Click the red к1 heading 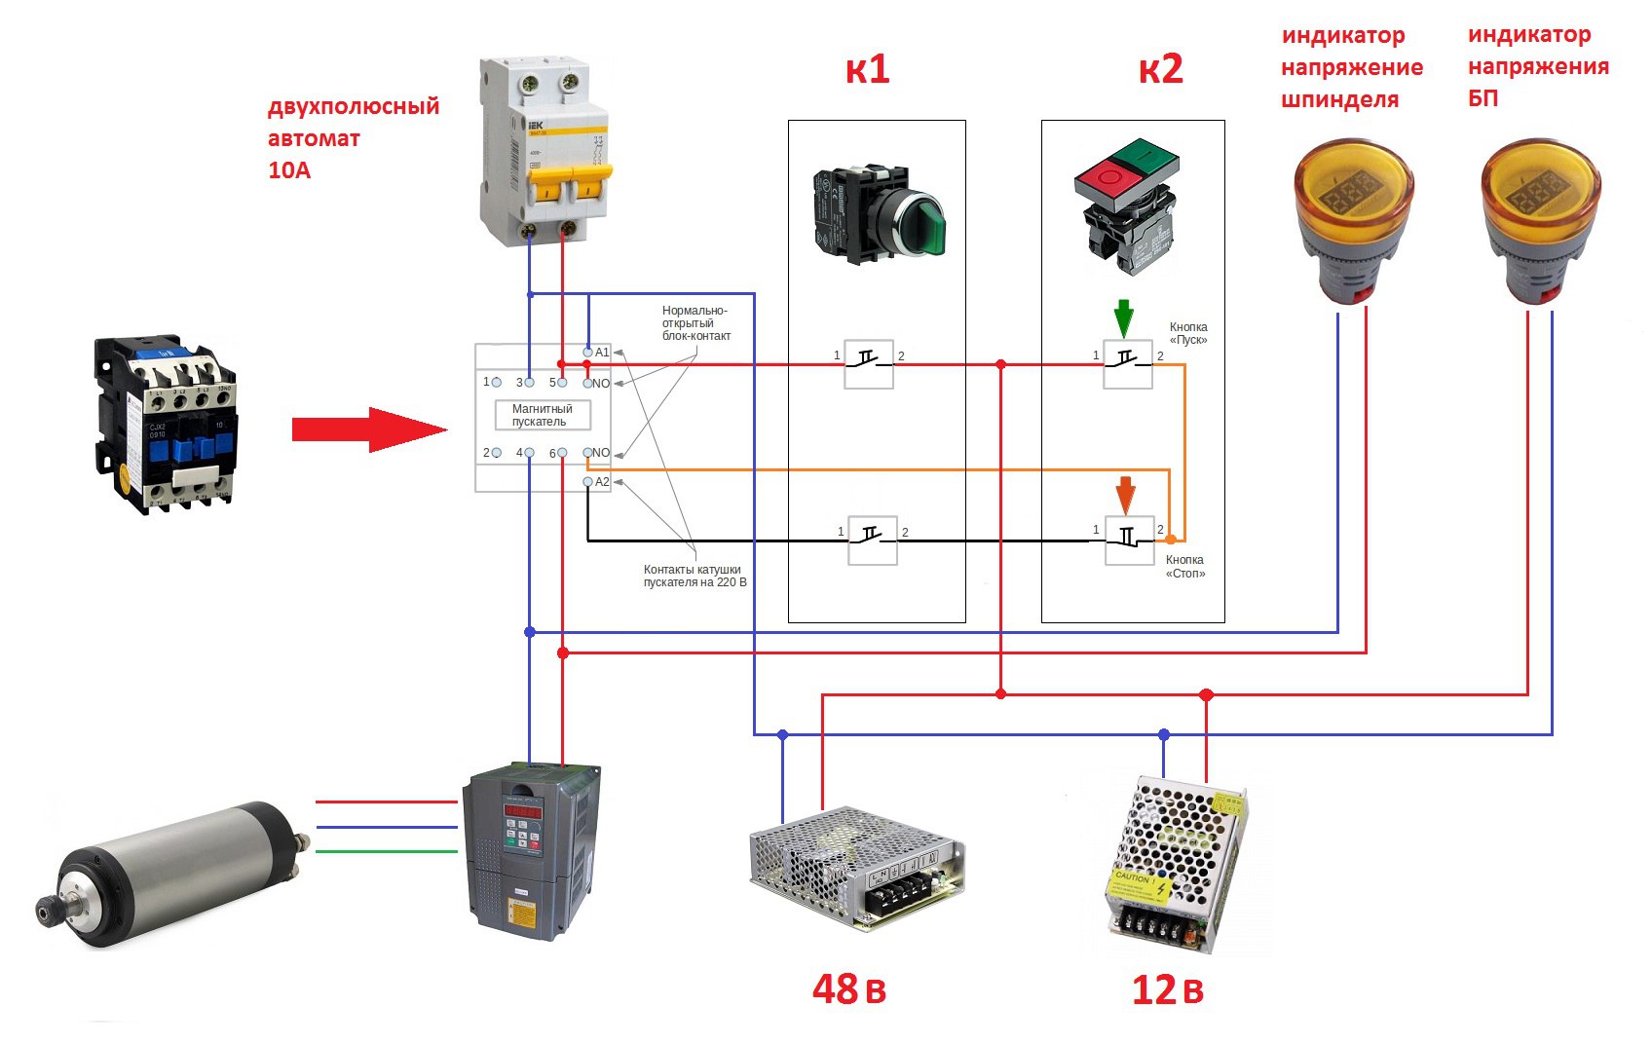click(867, 69)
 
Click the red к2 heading click(1160, 69)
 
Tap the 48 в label click(849, 989)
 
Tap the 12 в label click(1167, 990)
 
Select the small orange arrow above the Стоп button click(1125, 495)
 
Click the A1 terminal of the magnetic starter click(588, 352)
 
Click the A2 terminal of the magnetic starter click(588, 482)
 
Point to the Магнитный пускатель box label click(543, 415)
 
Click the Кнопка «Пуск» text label click(1188, 333)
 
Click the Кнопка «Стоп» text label click(1185, 567)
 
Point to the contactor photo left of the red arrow click(166, 424)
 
